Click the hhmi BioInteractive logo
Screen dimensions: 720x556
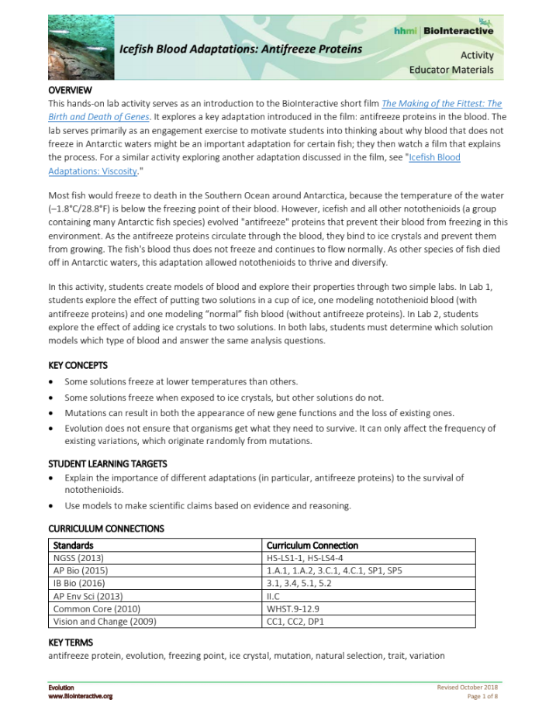444,30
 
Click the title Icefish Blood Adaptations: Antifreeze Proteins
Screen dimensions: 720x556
240,49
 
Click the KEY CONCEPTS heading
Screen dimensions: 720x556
78,365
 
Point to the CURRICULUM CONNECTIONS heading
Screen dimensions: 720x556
106,529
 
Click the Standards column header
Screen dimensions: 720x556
74,545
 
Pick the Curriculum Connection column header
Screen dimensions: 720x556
312,545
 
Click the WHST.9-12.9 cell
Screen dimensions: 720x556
294,608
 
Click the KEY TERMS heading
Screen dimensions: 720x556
71,642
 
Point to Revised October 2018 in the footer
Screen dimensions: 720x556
468,687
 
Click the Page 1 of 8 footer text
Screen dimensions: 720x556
482,697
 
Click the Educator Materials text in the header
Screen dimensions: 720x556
451,70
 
